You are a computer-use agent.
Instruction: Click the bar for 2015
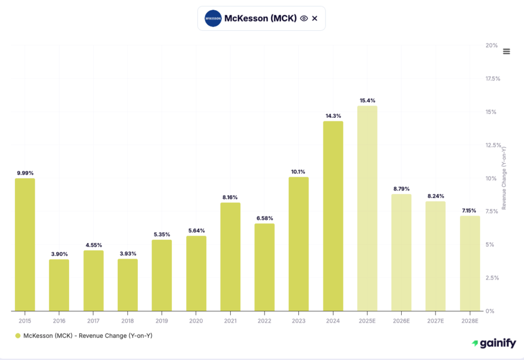[x=25, y=244]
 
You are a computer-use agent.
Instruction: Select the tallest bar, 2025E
[x=367, y=208]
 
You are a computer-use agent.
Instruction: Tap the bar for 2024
[x=333, y=216]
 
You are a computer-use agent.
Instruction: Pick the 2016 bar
[x=59, y=285]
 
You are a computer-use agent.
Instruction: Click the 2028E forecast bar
[x=470, y=263]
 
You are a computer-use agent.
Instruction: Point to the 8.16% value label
[x=230, y=197]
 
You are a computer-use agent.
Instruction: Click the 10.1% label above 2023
[x=298, y=172]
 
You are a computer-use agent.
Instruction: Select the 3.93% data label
[x=127, y=253]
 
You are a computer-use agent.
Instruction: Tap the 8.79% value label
[x=401, y=189]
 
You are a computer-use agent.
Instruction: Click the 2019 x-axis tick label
[x=162, y=321]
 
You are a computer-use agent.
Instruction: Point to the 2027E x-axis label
[x=435, y=321]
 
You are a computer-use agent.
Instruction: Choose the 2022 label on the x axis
[x=264, y=321]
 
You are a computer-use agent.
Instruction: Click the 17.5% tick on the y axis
[x=492, y=79]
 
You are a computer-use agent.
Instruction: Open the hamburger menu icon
[x=507, y=51]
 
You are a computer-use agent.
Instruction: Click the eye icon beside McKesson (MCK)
[x=304, y=18]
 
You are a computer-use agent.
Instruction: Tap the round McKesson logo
[x=212, y=18]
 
